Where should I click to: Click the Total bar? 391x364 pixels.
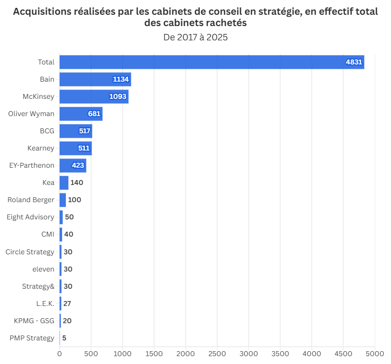(x=212, y=62)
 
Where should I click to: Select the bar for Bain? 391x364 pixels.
(x=95, y=79)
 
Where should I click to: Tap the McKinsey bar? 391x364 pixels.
(x=94, y=96)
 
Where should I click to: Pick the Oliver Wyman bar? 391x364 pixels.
(x=81, y=114)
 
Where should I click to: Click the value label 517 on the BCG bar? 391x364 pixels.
(x=85, y=131)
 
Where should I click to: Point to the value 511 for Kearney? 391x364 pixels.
(x=84, y=148)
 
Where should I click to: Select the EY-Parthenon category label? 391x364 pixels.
(x=32, y=165)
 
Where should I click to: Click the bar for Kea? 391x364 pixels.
(x=64, y=182)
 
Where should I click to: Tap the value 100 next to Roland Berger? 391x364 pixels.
(x=74, y=200)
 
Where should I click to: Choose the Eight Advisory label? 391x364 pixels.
(x=31, y=217)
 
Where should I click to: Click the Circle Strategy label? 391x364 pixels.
(x=30, y=252)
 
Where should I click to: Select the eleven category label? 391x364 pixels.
(x=43, y=269)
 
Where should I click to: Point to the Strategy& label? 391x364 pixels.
(x=38, y=286)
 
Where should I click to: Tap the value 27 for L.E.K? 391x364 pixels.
(x=67, y=303)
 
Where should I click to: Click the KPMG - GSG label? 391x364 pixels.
(x=34, y=321)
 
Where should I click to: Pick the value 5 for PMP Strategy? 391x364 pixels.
(x=64, y=338)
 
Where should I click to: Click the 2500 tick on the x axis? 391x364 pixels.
(x=217, y=353)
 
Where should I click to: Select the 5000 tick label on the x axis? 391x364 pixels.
(x=375, y=353)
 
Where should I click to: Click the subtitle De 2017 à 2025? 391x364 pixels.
(x=195, y=37)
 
